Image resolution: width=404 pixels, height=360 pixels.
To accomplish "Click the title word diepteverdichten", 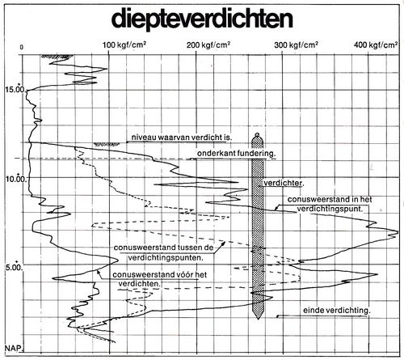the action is (x=202, y=19).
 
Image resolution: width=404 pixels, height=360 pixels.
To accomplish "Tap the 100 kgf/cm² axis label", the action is (x=124, y=44).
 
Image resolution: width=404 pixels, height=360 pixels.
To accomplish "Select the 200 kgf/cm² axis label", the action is (x=208, y=44).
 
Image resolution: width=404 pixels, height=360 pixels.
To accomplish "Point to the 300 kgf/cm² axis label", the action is (x=296, y=44).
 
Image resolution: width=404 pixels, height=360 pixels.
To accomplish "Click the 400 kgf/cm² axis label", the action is (x=376, y=44).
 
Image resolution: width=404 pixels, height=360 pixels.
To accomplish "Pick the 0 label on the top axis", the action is (x=21, y=47).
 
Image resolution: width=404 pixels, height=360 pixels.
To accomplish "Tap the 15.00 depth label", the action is (x=15, y=89).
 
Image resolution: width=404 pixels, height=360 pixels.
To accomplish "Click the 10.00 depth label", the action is (x=16, y=179).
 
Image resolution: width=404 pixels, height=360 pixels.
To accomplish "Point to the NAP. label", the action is (x=14, y=348).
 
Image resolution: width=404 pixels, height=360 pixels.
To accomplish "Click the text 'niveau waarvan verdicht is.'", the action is (x=182, y=138).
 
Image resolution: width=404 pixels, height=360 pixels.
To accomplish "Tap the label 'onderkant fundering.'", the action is (x=236, y=154).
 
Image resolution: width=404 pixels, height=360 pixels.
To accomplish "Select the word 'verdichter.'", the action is (x=284, y=183).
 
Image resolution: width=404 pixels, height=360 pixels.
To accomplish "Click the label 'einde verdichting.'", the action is (x=337, y=311).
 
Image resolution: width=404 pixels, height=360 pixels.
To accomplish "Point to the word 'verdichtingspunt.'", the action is (x=330, y=209).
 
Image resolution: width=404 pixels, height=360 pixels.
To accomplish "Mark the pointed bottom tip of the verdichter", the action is (x=258, y=319).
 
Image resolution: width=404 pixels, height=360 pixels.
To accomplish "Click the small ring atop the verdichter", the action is (x=257, y=134).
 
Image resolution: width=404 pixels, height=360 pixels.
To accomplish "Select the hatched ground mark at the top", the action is (x=57, y=57).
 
